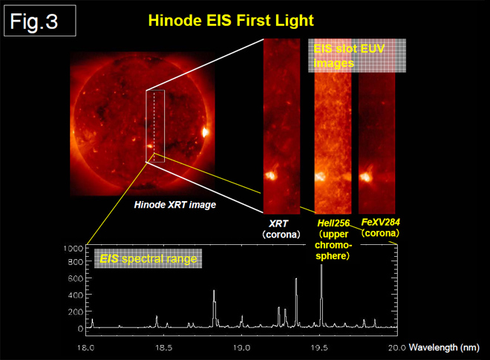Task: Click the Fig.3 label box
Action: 39,21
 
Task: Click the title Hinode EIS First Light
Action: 231,21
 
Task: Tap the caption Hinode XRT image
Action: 175,205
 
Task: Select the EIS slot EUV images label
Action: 349,56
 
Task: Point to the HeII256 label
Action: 333,223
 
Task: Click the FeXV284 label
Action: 380,222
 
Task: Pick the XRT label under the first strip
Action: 278,223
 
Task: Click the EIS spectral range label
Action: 148,259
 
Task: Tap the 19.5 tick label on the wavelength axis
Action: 319,348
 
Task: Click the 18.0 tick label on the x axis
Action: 85,348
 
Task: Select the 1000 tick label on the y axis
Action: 73,249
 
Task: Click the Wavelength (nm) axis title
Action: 444,347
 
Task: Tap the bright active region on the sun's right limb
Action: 206,132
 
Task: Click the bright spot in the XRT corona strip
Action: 271,175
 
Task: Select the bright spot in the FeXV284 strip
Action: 365,177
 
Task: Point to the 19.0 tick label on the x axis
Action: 241,348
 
